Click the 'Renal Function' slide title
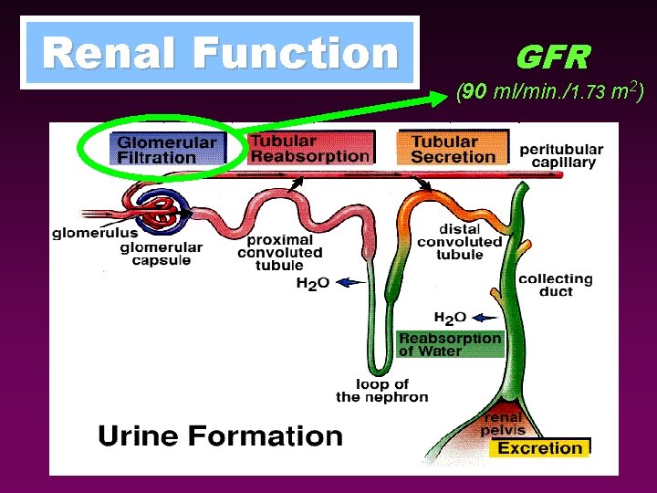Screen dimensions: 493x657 220,53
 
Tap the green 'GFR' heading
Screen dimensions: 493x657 553,58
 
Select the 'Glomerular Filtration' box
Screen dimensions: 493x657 167,150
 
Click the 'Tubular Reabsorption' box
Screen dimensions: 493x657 310,148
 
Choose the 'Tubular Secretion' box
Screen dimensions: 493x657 453,149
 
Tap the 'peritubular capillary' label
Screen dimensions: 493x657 561,155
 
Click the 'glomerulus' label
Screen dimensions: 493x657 95,233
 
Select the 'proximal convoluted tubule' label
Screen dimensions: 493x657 280,252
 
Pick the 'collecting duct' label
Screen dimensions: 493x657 555,285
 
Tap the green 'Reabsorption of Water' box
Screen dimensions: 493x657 450,344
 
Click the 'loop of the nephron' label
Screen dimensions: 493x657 381,390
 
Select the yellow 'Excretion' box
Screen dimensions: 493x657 539,447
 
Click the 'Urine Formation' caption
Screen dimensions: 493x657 220,435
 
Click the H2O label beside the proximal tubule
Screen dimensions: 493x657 312,283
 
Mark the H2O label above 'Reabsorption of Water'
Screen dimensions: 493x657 450,318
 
